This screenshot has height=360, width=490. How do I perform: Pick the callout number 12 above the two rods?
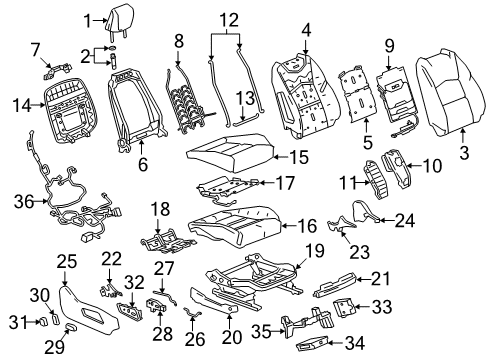(230, 19)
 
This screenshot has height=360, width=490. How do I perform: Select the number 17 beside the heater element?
(285, 183)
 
